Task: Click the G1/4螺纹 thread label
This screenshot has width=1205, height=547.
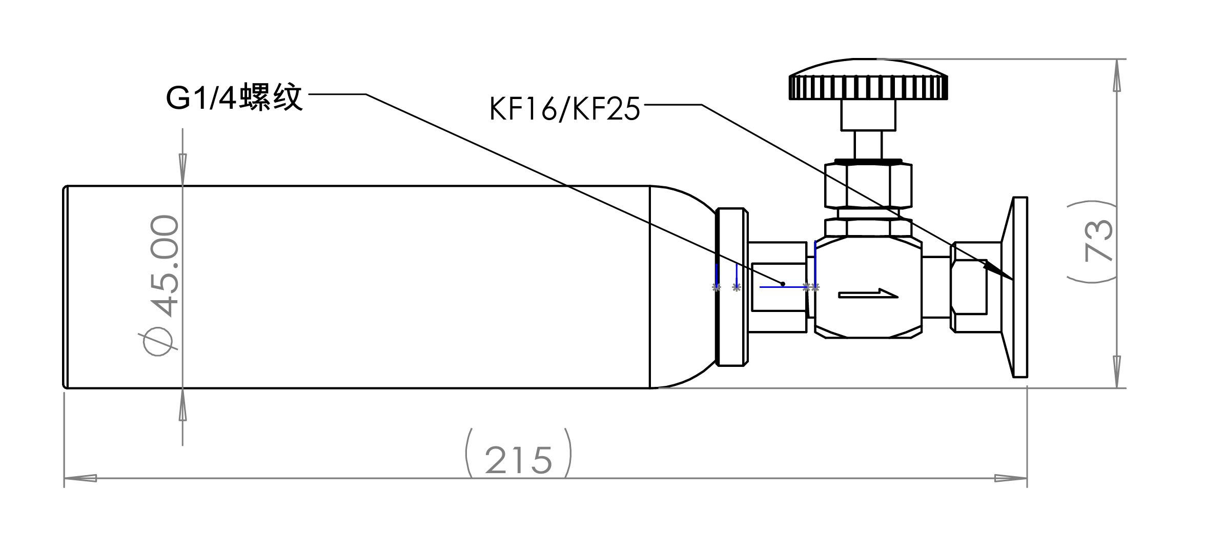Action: [235, 97]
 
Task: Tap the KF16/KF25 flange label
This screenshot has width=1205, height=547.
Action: [564, 109]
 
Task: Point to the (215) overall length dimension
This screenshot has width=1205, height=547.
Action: [518, 459]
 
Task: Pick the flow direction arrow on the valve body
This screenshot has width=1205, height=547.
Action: [868, 294]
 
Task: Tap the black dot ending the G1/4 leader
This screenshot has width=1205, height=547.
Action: [783, 284]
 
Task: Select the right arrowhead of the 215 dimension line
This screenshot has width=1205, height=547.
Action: [1012, 478]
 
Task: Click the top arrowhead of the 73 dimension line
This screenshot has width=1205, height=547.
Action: [1117, 77]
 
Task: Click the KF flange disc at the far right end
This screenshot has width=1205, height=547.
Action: [1019, 287]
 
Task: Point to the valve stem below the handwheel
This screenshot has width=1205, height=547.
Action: [868, 145]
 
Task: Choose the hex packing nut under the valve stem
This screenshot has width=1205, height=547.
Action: [868, 185]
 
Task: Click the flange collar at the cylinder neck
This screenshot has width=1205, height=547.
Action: [731, 287]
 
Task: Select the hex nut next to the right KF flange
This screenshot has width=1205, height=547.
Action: [969, 287]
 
